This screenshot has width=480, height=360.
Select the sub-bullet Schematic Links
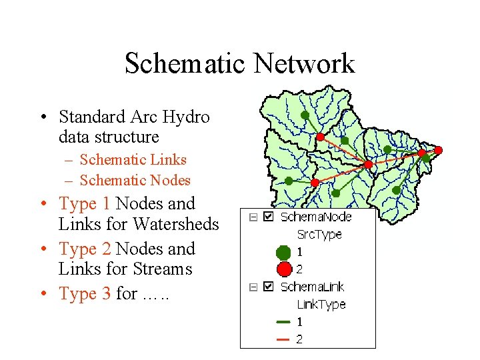(x=133, y=159)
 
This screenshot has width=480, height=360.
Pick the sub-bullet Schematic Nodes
(x=135, y=180)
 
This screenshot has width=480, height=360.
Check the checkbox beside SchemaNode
(x=268, y=217)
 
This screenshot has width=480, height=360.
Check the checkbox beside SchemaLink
(x=268, y=287)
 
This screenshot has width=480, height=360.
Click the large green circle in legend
(x=283, y=252)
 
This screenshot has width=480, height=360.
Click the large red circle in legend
(x=283, y=269)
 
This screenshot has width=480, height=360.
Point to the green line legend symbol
(x=283, y=322)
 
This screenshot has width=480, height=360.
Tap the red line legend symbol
(x=283, y=339)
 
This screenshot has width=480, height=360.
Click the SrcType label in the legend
(x=319, y=234)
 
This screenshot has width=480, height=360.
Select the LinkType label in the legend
(x=321, y=304)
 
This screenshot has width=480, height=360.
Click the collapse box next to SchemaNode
(x=253, y=217)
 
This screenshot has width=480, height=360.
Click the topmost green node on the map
(x=305, y=115)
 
